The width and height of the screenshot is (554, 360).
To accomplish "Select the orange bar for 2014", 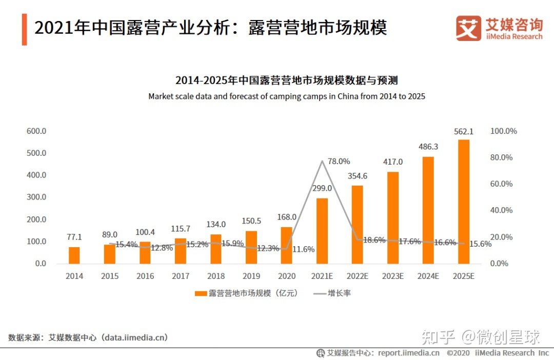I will [74, 255].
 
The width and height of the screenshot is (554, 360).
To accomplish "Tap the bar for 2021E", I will [322, 230].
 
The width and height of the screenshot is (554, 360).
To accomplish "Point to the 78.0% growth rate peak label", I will [339, 161].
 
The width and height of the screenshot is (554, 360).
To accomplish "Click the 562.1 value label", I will [463, 132].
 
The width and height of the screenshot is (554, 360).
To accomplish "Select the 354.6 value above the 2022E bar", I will [358, 176].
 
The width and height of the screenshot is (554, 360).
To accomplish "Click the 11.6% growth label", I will [303, 249].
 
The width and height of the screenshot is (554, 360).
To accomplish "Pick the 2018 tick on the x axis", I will [216, 276].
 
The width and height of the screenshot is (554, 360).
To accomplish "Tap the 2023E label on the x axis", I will [392, 276].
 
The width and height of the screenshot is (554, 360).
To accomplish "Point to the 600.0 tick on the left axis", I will [36, 131].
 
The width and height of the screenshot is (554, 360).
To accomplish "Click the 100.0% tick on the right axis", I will [503, 131].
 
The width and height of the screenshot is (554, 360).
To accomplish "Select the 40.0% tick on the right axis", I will [501, 210].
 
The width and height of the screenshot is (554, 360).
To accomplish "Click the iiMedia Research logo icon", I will [468, 28].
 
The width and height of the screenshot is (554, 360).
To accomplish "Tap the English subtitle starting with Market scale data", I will [287, 96].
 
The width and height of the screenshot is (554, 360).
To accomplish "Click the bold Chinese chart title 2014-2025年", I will [287, 81].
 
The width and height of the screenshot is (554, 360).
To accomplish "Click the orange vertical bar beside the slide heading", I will [24, 29].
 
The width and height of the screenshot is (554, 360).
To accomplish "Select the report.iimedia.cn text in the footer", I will [409, 353].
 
